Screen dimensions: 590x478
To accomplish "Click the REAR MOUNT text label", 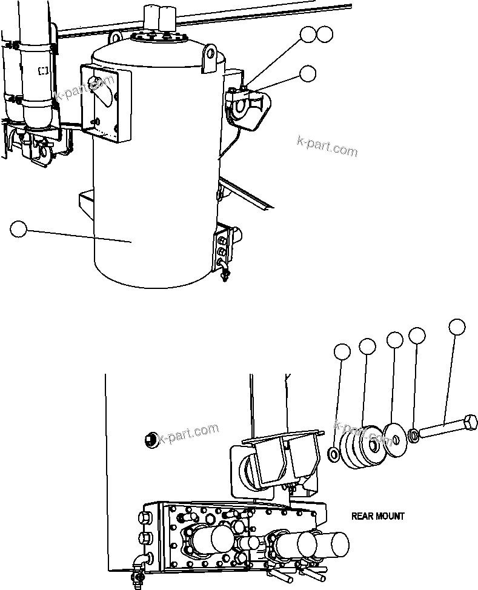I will point(377,516).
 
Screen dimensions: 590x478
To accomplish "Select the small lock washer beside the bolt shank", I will point(413,435).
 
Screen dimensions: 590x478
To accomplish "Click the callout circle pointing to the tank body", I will point(19,229).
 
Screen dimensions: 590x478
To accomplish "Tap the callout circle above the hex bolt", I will point(457,327).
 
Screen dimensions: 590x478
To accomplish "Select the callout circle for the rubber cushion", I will point(367,346).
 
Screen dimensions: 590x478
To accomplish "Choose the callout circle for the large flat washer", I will point(395,340).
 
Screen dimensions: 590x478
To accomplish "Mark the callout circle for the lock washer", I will point(417,334).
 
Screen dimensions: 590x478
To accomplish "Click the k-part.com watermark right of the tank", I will point(327,145).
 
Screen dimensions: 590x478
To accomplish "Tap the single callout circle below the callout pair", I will point(308,73).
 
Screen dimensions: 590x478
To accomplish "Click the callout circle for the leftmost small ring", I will point(343,352).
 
